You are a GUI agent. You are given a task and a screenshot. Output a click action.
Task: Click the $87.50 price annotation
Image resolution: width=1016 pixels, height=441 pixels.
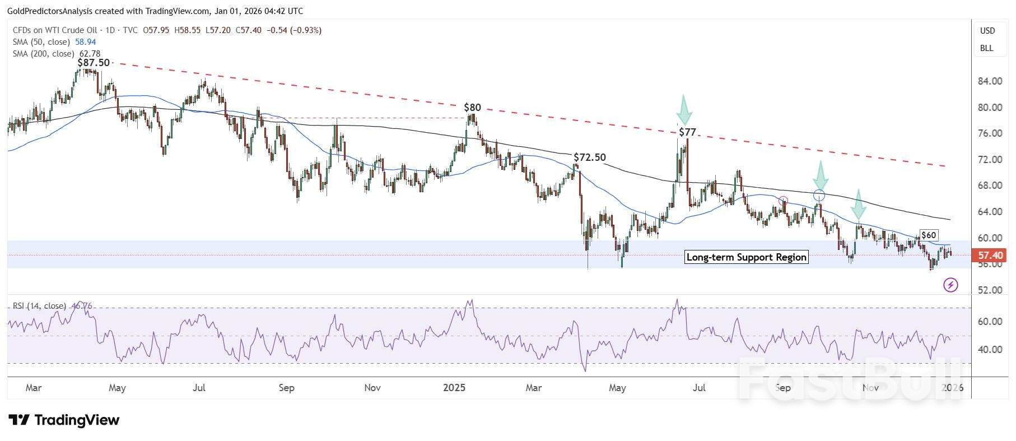click(94, 62)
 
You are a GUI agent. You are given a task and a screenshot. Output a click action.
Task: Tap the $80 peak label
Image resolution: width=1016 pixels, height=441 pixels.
click(472, 107)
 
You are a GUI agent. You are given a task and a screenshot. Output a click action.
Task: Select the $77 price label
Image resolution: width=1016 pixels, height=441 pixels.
click(687, 132)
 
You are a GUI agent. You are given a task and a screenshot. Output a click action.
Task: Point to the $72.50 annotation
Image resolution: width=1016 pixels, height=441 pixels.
click(590, 157)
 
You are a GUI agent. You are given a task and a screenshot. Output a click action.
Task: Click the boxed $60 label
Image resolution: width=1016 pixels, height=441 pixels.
click(929, 235)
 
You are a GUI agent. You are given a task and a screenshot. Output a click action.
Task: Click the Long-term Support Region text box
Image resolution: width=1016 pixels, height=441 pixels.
click(747, 257)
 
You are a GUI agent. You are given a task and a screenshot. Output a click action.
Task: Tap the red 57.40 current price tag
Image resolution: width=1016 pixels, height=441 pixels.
click(989, 256)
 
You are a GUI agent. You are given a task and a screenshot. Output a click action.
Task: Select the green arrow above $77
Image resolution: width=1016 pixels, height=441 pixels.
click(684, 110)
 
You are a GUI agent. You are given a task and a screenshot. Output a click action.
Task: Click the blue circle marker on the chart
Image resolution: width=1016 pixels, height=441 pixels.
click(819, 196)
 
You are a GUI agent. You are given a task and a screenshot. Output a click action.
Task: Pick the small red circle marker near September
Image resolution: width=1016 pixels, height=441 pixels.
click(784, 201)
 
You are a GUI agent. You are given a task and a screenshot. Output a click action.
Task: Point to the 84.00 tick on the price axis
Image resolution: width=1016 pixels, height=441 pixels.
click(989, 81)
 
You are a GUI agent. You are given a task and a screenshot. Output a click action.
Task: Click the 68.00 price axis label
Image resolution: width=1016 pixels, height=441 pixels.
click(989, 185)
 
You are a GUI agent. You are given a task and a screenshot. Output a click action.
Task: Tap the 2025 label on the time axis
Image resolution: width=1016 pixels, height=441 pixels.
click(454, 388)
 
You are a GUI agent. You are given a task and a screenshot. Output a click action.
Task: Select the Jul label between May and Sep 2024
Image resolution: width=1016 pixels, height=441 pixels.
click(199, 388)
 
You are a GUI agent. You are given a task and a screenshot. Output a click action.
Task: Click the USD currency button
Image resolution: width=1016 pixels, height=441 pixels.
click(987, 31)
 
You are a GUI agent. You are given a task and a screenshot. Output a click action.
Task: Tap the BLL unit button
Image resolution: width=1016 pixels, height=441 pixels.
click(987, 48)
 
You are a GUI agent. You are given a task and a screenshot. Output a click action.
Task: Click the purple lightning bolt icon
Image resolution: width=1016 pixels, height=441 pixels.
click(950, 285)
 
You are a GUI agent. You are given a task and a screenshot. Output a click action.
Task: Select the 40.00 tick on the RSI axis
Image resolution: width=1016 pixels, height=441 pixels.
click(989, 350)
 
